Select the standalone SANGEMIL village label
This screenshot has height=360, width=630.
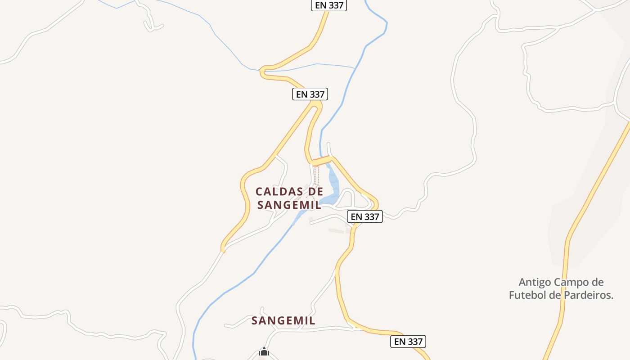click(283, 320)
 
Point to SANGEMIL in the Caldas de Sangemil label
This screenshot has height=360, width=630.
click(289, 205)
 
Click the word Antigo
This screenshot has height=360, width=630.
click(535, 282)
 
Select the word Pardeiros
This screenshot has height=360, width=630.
click(589, 295)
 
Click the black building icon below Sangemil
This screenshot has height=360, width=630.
click(264, 351)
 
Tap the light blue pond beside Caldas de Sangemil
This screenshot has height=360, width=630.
click(333, 184)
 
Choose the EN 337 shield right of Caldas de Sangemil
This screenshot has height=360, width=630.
click(365, 216)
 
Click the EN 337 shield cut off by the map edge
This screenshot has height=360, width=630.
click(329, 5)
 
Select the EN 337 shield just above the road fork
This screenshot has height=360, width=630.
click(310, 94)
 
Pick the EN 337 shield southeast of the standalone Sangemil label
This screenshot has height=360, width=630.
click(408, 342)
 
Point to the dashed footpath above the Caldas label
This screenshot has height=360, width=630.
click(316, 175)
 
